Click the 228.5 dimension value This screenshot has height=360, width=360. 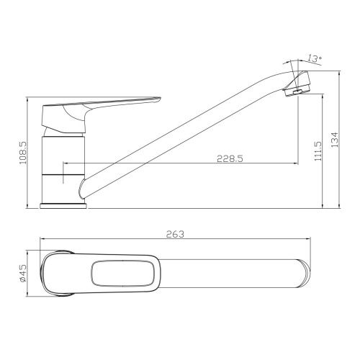[x=228, y=160]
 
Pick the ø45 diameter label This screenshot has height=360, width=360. [x=23, y=274]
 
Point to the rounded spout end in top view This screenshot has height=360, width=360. [x=302, y=274]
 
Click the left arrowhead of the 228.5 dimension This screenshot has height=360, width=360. [x=66, y=164]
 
